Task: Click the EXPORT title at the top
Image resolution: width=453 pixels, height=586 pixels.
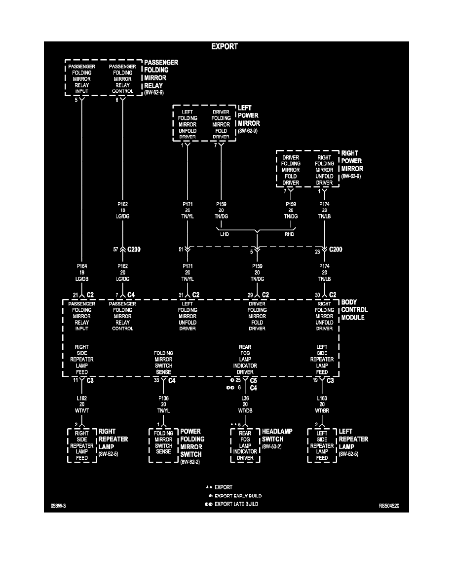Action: point(225,47)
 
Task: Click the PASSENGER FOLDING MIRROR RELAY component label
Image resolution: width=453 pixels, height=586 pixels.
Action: point(161,74)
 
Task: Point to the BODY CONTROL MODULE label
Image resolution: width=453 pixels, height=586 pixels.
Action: point(354,310)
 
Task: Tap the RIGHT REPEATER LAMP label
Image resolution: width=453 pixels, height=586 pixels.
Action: point(113,439)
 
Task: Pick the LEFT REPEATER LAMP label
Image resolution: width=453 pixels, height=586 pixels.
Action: point(353,439)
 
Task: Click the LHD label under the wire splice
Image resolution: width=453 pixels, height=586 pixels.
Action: point(225,235)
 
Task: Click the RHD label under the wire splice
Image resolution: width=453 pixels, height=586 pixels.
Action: point(291,235)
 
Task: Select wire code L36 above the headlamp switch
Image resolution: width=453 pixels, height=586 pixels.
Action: point(245,398)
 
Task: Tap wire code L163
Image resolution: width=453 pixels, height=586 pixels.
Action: point(322,398)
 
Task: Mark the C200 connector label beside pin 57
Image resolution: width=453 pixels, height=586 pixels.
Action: point(133,250)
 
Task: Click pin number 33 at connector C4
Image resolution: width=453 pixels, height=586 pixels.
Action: point(156,380)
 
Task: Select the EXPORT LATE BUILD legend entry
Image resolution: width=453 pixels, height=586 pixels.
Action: point(236,504)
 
